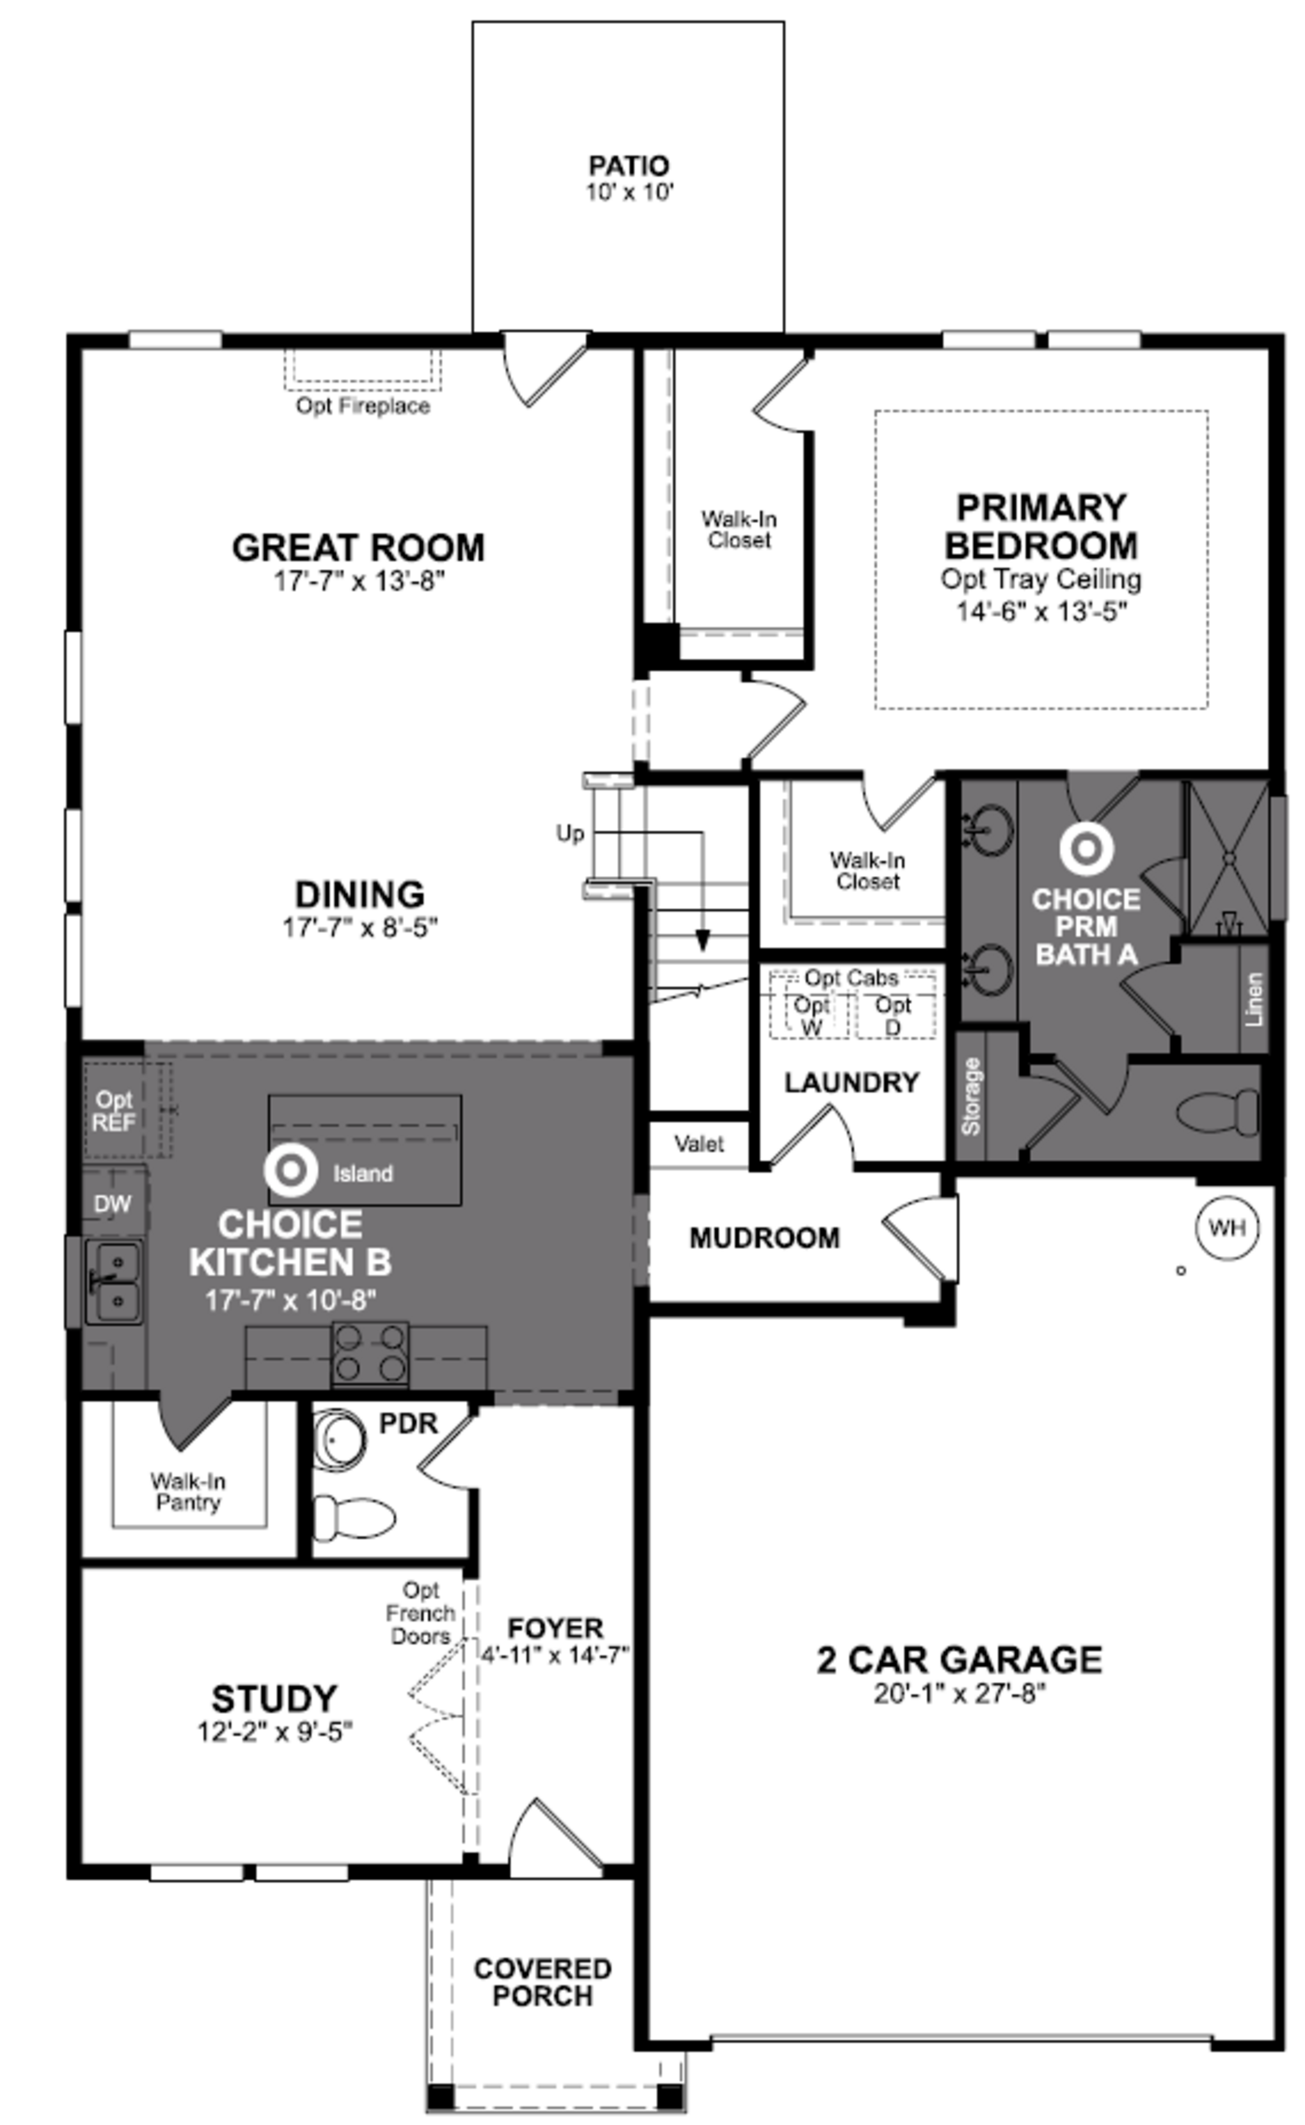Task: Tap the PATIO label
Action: coord(628,165)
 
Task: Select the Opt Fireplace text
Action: coord(363,406)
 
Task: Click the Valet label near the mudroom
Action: coord(699,1145)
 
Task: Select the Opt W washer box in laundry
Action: coord(811,1016)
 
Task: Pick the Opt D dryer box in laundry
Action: coord(893,1016)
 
